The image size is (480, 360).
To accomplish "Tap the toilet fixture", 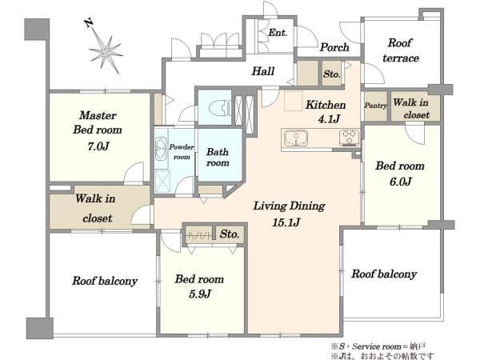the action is (219, 107).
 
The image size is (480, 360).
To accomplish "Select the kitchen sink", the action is (296, 138).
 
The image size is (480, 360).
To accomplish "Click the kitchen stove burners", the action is (350, 138).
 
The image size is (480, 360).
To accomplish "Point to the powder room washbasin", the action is (161, 149).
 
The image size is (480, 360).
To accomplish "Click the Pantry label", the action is (376, 106).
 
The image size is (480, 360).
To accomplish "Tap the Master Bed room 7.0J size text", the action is (98, 146).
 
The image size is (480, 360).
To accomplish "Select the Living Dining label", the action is (289, 206).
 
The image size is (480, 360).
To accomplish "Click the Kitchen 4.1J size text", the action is (329, 119).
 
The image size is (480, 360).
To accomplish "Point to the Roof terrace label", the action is (401, 50).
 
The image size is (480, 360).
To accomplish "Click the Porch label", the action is (334, 47).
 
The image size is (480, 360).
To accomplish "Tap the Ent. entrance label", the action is (278, 33).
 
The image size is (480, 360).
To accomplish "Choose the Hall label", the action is (262, 71).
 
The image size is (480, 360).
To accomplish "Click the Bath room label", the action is (218, 157).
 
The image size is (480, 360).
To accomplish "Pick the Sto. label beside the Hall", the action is (331, 74).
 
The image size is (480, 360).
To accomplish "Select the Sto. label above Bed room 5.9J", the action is (230, 234).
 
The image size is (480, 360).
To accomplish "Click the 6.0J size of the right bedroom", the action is (400, 182).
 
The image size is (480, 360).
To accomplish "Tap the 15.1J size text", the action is (286, 222).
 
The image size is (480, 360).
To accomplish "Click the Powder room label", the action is (182, 152).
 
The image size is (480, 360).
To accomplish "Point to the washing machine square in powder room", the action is (162, 181).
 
